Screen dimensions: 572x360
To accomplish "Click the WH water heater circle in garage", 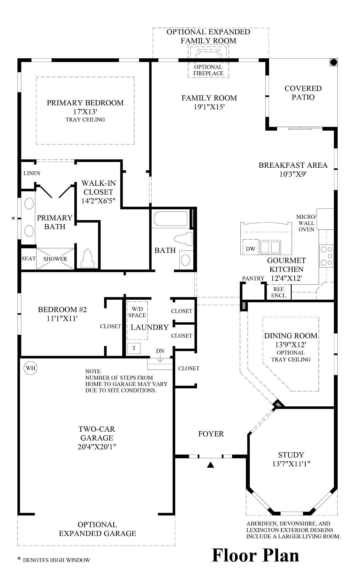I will coord(30,368).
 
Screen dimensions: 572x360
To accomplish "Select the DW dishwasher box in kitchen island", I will coord(250,249).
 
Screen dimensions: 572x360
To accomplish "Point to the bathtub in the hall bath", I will coord(171,219).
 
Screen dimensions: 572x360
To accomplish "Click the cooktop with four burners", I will coord(326,256).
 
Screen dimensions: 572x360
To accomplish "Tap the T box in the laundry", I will coord(134,348).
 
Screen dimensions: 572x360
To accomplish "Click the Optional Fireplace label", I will coord(208,70).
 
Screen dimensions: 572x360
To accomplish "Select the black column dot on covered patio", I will coord(333,62).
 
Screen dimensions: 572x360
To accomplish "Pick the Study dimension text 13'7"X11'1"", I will coord(291,464).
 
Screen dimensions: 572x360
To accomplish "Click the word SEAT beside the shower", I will coord(28,259).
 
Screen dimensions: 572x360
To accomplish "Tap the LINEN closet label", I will coord(32,173).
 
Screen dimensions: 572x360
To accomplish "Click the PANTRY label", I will coord(253,278).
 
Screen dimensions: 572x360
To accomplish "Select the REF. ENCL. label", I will coord(279,293).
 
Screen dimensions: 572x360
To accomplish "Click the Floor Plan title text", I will coord(256,555).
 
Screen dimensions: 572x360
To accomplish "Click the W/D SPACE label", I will coord(137,312).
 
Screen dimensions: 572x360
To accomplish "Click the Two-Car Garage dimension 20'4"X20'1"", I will coord(97,447).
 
